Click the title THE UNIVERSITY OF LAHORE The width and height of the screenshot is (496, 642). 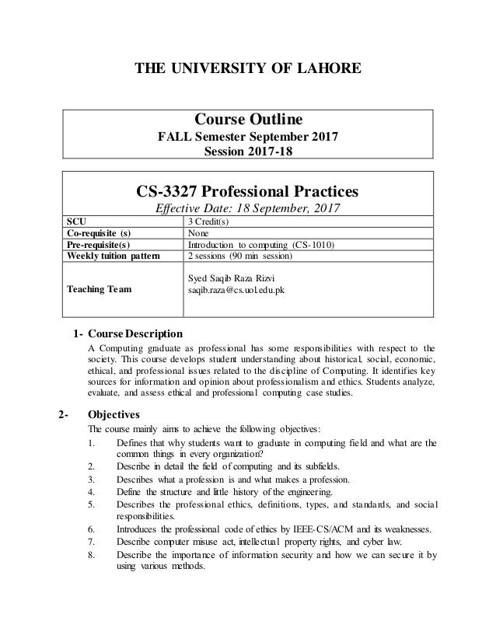[248, 69]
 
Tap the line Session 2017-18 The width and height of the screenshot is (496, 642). [247, 152]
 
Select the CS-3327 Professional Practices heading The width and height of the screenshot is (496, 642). [247, 190]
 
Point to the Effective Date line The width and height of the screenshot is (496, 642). [247, 210]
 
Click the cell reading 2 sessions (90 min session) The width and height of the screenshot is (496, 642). [241, 254]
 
